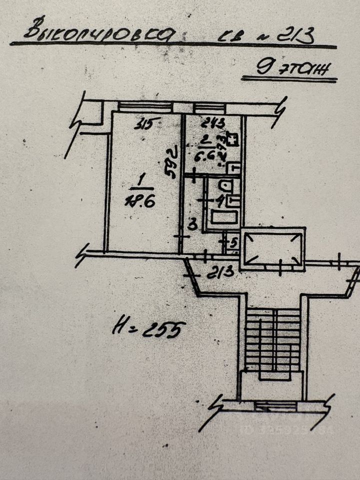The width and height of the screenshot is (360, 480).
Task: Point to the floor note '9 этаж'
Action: [x=290, y=67]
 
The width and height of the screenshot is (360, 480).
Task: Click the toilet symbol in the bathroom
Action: [x=225, y=187]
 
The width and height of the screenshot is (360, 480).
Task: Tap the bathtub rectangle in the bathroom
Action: [x=225, y=217]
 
